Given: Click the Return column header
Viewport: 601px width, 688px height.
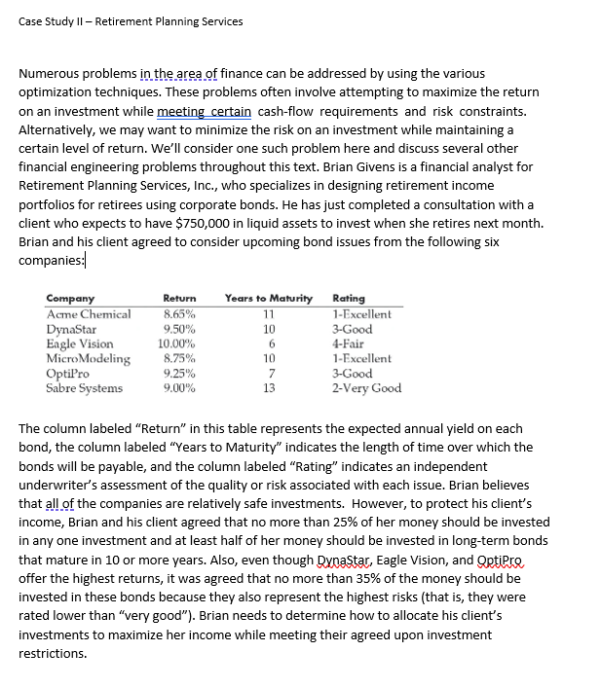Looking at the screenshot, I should click(x=179, y=298).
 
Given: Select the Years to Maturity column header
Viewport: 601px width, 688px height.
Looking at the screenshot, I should click(x=268, y=298).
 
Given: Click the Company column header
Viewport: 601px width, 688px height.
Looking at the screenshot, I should click(x=70, y=298).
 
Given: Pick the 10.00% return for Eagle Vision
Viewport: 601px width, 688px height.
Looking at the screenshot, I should click(x=178, y=344).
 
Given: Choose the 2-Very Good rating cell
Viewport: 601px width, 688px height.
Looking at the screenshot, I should click(x=366, y=388).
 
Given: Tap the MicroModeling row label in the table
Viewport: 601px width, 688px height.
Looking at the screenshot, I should click(x=88, y=358).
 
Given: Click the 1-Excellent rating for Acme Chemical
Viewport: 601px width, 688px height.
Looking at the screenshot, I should click(x=362, y=314).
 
